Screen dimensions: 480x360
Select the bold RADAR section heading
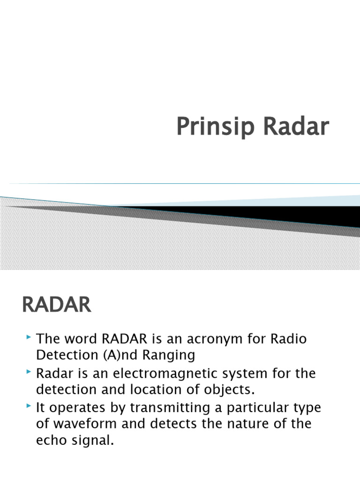pyautogui.click(x=56, y=305)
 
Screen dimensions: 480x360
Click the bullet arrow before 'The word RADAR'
pyautogui.click(x=30, y=337)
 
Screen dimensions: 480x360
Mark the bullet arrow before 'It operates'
pyautogui.click(x=30, y=406)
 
